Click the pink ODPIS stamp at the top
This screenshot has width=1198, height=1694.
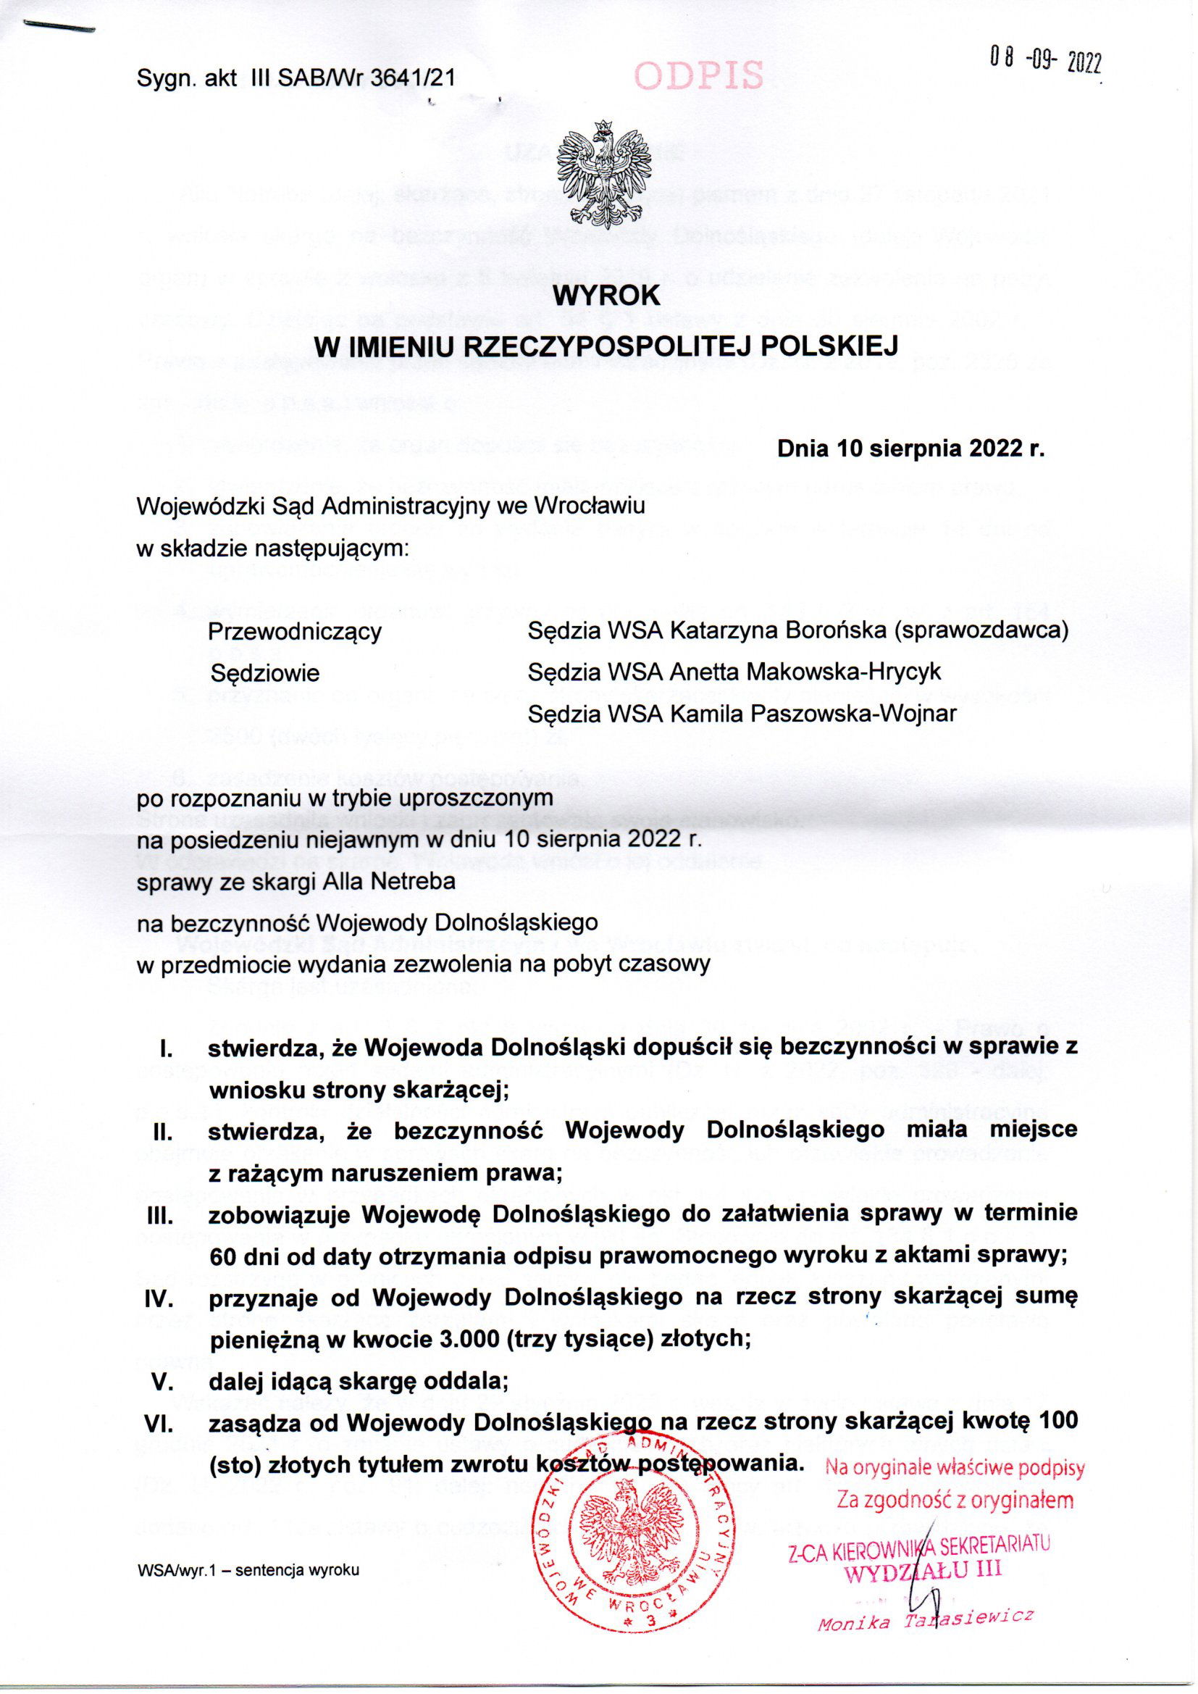tap(698, 75)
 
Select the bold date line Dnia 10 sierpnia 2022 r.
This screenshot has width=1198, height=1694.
tap(911, 448)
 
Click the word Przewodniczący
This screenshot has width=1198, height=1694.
tap(295, 633)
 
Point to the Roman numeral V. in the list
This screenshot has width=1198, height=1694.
tap(162, 1380)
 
